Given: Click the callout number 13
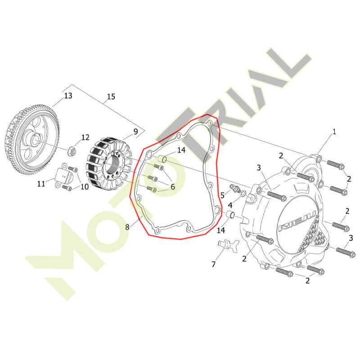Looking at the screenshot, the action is (68, 95).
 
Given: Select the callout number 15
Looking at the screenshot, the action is (111, 96).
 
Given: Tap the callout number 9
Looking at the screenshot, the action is (136, 131).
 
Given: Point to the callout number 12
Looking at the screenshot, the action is (85, 137).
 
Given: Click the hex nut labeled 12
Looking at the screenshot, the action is (71, 151).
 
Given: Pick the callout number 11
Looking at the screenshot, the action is (41, 184).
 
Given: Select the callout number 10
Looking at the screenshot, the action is (85, 187).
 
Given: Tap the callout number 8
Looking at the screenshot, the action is (127, 227).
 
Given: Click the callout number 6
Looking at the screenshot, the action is (173, 187).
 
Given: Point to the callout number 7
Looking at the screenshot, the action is (213, 264).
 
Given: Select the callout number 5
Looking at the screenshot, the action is (222, 195).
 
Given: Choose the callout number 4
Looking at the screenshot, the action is (230, 205).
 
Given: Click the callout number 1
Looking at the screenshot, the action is (334, 132).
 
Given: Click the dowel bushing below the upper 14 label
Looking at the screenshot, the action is (162, 159).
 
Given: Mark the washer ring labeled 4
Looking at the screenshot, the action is (243, 194).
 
